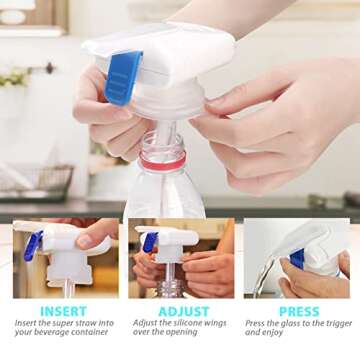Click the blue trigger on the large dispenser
tap(122, 77)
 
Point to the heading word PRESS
tap(298, 311)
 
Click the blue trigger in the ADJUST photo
tap(151, 243)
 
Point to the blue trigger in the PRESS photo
tap(297, 258)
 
